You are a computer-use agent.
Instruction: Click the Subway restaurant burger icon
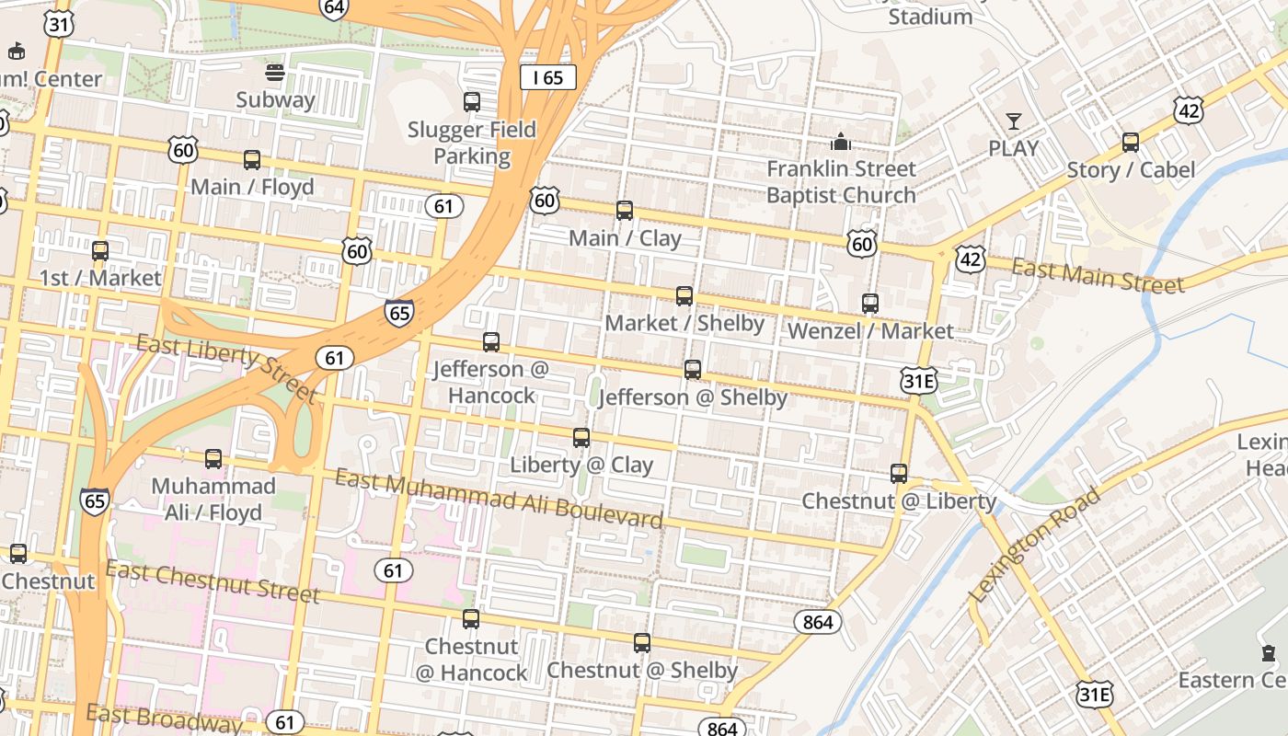click(x=274, y=72)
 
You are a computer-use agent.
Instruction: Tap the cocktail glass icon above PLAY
click(x=1013, y=121)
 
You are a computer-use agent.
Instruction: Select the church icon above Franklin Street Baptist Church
click(x=840, y=142)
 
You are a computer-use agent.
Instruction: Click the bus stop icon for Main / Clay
click(x=625, y=211)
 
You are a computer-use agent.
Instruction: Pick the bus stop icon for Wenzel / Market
click(x=869, y=303)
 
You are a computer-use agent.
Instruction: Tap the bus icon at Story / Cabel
click(x=1131, y=143)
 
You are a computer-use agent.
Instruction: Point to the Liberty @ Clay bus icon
click(x=581, y=438)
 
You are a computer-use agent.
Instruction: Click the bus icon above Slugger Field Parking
click(x=472, y=102)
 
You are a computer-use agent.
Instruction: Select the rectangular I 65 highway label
click(x=547, y=77)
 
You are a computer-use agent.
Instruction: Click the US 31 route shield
click(x=59, y=24)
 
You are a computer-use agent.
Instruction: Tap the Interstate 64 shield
click(x=334, y=8)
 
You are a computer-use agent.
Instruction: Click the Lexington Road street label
click(x=1034, y=546)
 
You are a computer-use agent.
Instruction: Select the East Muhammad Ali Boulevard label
click(x=498, y=500)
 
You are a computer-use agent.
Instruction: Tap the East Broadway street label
click(x=164, y=718)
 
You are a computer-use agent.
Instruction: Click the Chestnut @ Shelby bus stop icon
click(x=642, y=643)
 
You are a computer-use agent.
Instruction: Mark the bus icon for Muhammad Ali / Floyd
click(x=213, y=459)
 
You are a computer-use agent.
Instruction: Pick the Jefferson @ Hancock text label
click(x=490, y=382)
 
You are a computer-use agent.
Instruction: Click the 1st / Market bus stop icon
click(x=100, y=251)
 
